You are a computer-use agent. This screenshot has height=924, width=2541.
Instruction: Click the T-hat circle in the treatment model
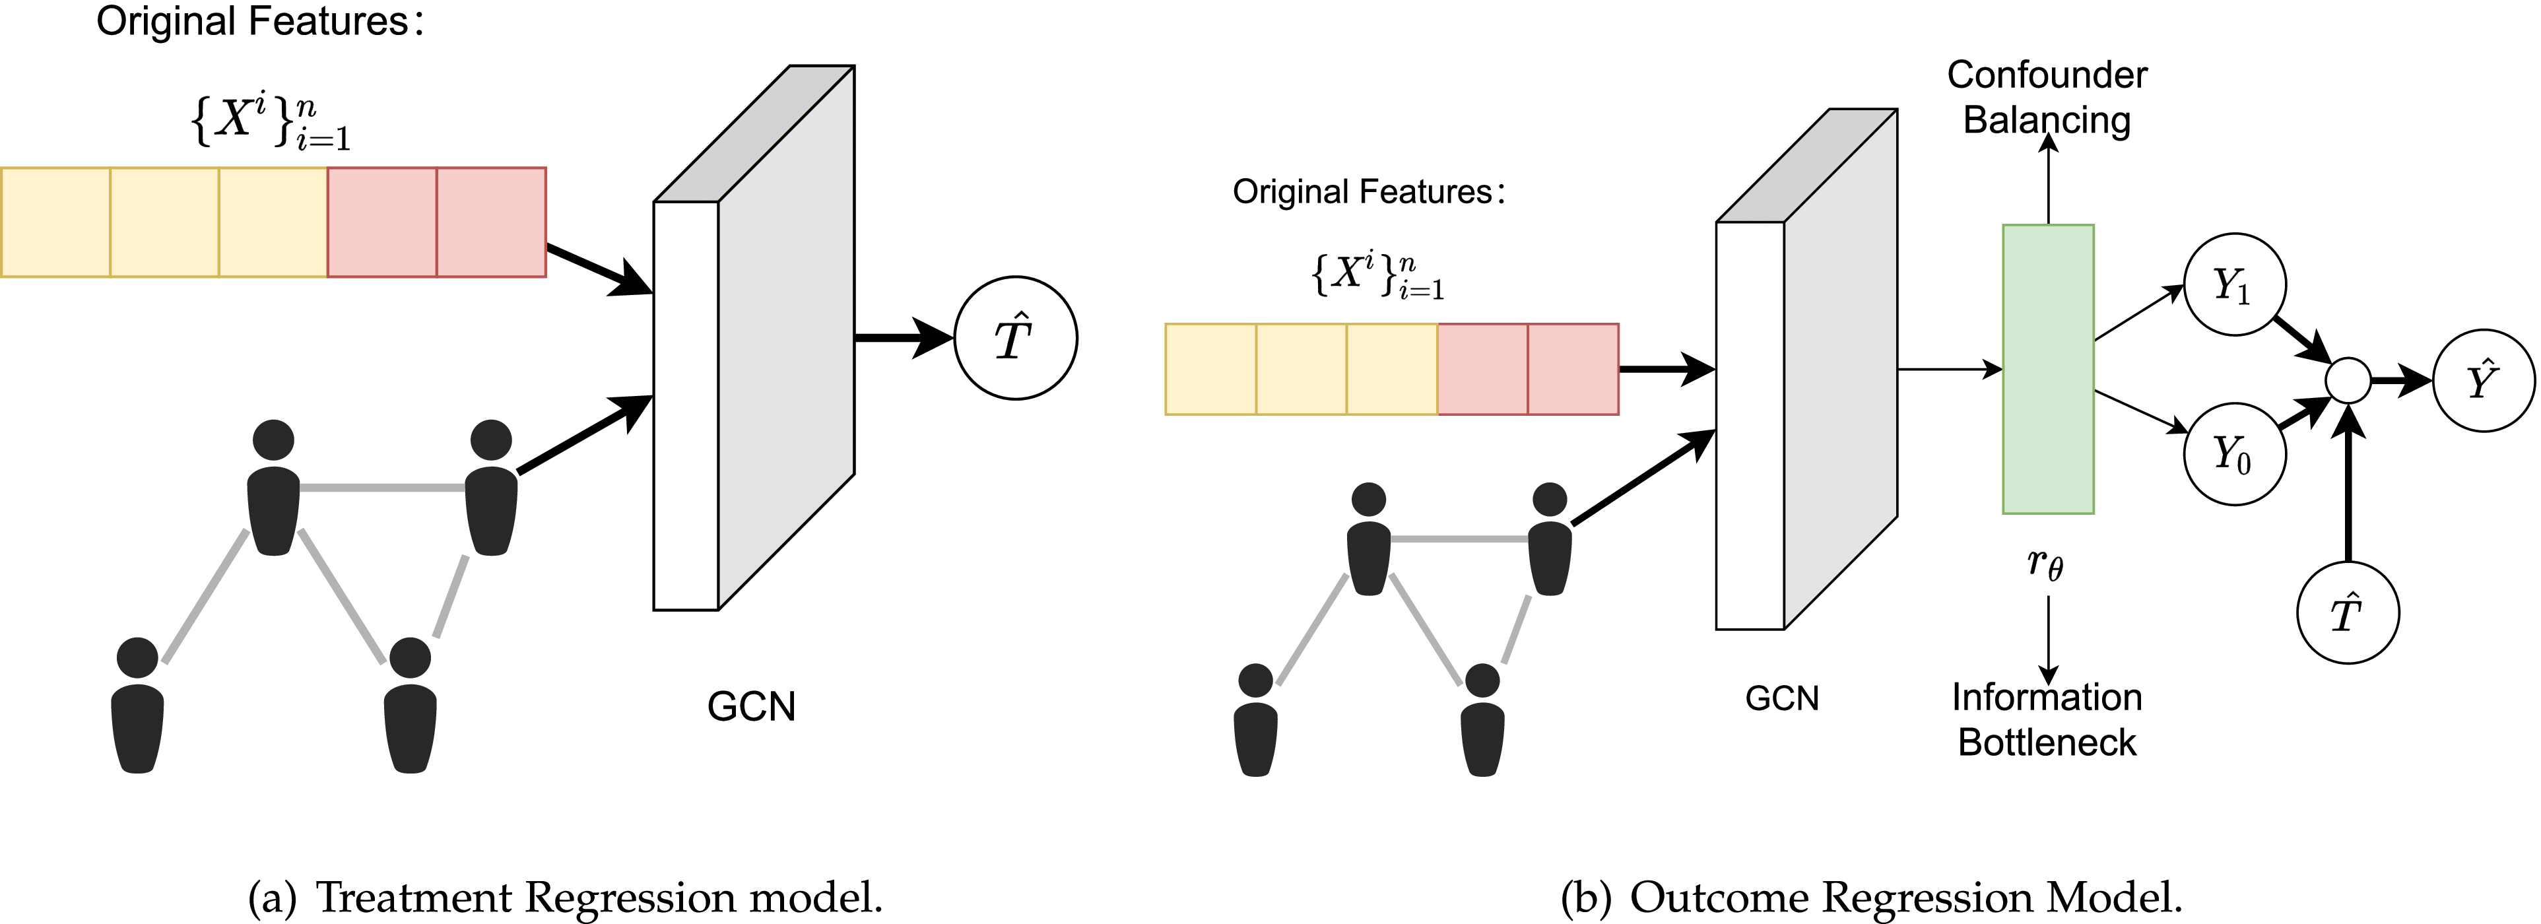tap(1015, 338)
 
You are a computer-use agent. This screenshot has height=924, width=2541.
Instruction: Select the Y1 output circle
tap(2234, 285)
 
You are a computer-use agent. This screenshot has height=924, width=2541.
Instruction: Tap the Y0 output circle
tap(2234, 455)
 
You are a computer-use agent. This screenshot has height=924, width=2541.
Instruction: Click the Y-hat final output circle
tap(2483, 381)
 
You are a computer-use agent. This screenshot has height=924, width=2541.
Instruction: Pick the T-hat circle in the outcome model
tap(2348, 613)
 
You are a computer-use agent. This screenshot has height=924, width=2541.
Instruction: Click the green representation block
tap(2048, 369)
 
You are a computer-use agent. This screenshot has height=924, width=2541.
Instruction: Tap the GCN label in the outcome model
tap(1781, 699)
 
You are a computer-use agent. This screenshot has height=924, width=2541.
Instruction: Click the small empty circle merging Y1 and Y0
tap(2349, 381)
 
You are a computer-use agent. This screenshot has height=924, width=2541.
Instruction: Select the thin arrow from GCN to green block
tap(1948, 370)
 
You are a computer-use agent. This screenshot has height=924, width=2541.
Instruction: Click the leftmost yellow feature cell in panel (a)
tap(55, 222)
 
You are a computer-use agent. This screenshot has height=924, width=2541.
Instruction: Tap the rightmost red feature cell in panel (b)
tap(1572, 369)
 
